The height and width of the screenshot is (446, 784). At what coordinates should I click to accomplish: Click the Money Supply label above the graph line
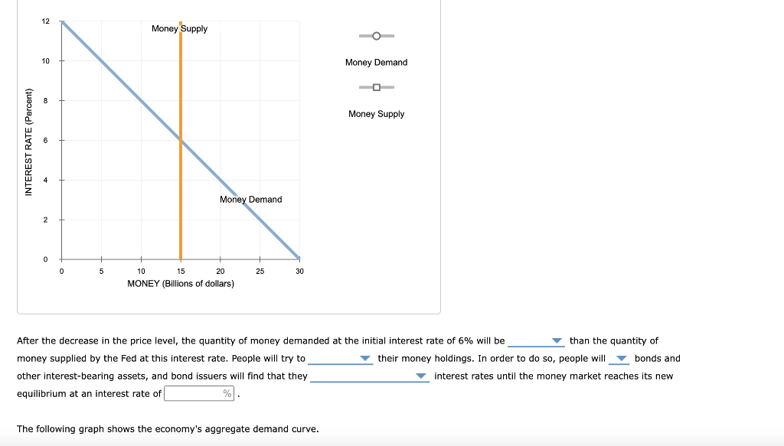179,28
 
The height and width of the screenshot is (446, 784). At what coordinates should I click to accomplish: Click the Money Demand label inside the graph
250,200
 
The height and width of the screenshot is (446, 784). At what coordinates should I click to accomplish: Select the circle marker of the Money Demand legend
376,36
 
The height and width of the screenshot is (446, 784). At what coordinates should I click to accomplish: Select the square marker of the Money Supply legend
376,87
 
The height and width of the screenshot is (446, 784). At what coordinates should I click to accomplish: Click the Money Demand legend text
376,63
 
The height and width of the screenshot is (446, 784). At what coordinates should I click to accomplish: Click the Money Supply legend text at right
376,114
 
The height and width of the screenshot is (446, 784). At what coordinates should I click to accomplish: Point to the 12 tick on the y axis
45,21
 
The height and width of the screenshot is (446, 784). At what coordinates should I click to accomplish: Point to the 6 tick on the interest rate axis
45,140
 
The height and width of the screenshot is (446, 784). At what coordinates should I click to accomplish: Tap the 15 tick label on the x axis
181,271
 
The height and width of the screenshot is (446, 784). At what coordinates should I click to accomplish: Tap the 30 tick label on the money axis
299,271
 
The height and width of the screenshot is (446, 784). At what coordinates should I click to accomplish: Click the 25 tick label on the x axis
260,271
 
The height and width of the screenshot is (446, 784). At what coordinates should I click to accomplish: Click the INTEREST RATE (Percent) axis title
29,142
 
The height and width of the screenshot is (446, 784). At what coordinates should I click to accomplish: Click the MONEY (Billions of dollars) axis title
181,284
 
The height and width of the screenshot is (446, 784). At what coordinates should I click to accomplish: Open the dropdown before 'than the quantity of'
536,341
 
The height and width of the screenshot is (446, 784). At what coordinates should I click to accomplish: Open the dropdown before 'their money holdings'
340,359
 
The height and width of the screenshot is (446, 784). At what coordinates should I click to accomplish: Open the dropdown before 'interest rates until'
369,376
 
